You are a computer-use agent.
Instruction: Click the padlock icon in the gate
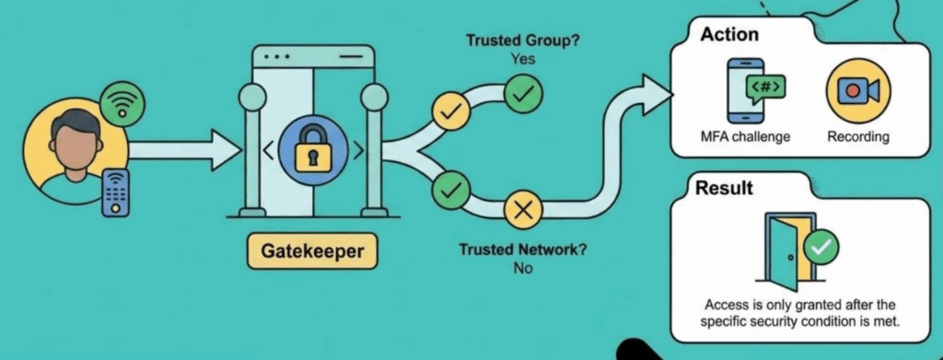coord(311,150)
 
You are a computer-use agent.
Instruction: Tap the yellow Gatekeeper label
coord(312,250)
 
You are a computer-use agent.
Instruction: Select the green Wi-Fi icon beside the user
coord(122,103)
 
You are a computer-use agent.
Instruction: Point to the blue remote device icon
coord(116,192)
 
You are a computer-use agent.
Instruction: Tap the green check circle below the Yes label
coord(523,94)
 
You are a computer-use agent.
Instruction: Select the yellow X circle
coord(523,210)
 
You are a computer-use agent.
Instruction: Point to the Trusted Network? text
coord(523,250)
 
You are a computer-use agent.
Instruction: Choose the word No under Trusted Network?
coord(523,269)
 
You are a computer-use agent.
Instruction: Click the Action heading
coord(729,34)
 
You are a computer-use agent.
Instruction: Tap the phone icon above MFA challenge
coord(746,91)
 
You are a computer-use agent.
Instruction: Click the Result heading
coord(724,189)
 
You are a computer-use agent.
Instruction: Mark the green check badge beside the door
coord(821,246)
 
